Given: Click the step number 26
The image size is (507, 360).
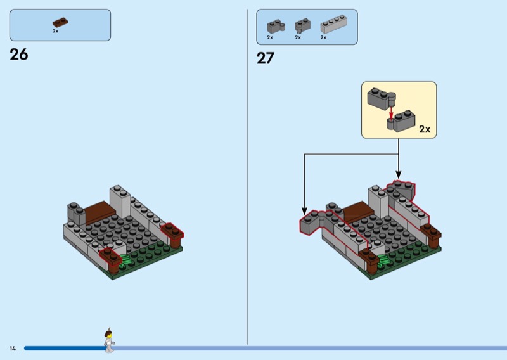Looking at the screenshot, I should click(x=19, y=55).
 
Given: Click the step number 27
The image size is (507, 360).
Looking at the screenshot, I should click(x=266, y=58).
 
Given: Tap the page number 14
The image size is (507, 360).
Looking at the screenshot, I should click(x=12, y=348).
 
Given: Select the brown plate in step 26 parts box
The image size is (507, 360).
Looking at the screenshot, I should click(x=60, y=22).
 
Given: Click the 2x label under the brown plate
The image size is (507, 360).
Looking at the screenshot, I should click(x=56, y=31).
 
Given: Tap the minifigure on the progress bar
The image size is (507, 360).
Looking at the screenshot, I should click(x=108, y=340).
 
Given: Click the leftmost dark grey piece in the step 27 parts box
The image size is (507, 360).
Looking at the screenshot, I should click(x=276, y=26).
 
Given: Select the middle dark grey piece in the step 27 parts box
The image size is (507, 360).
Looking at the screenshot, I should click(x=302, y=25).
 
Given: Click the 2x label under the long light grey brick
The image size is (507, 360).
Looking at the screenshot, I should click(x=323, y=37).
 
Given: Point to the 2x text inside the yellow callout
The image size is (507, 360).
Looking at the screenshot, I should click(x=424, y=129).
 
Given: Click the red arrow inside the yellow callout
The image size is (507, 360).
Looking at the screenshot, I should click(x=392, y=112).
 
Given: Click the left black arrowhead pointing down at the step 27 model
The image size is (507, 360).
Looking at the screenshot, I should click(x=304, y=211).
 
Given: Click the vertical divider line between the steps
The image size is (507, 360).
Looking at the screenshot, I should click(x=247, y=177).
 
